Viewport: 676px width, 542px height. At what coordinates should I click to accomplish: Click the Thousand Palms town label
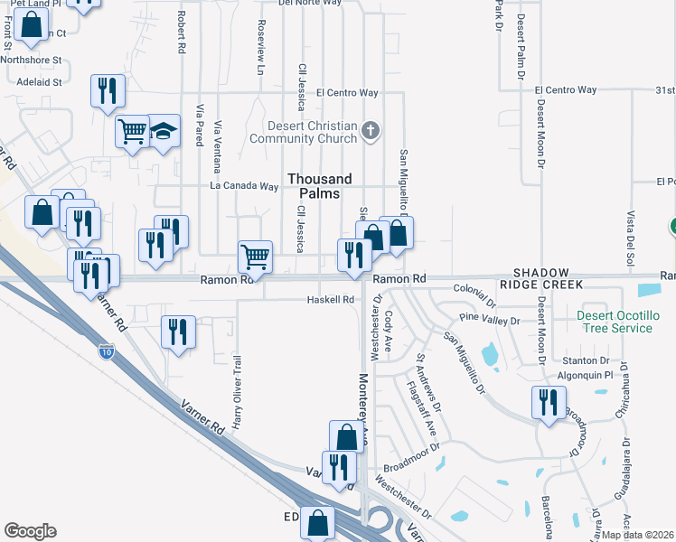click(314, 186)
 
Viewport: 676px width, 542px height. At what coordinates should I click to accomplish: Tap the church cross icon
click(369, 132)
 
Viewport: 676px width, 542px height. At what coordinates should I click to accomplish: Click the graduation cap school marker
click(164, 132)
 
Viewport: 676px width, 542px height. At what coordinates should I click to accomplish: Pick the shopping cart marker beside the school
click(132, 132)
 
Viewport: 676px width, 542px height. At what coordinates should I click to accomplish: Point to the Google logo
click(30, 531)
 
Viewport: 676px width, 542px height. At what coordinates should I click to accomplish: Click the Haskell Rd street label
click(330, 299)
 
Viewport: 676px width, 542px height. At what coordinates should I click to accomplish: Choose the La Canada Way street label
click(244, 186)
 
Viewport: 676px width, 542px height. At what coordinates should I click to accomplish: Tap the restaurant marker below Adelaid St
click(107, 90)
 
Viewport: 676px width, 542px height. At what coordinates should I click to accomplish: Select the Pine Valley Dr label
click(490, 320)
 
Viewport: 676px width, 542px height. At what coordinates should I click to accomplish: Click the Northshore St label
click(31, 61)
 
